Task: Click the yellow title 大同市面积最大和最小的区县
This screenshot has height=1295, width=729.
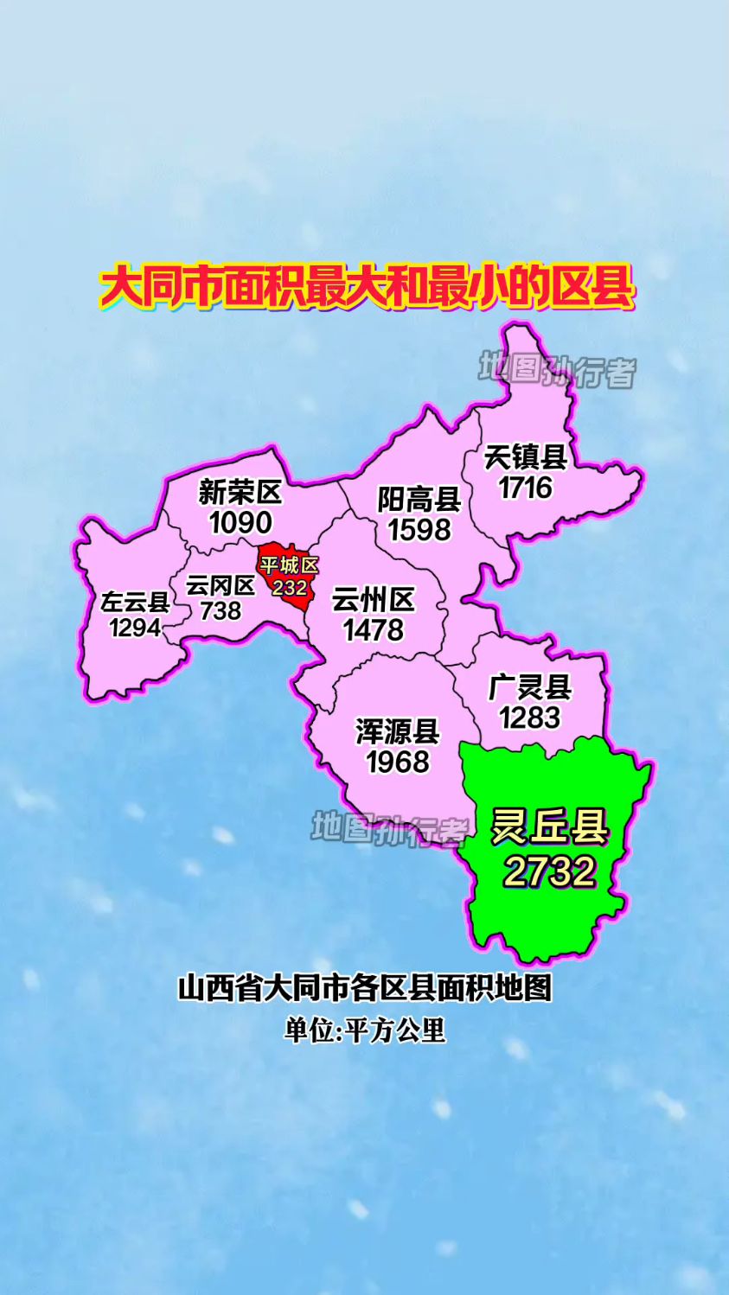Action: click(368, 288)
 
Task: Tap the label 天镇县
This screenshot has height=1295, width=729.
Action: click(525, 456)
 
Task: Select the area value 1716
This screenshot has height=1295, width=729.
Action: click(525, 488)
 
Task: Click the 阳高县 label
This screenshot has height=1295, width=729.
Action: click(419, 500)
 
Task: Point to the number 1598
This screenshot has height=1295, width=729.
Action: click(419, 529)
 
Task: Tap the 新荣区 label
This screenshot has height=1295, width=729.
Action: click(240, 493)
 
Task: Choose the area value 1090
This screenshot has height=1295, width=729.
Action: click(240, 522)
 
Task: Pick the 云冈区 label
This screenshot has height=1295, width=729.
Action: click(221, 586)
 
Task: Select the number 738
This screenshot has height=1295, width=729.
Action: click(221, 610)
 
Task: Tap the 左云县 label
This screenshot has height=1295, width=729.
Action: click(135, 602)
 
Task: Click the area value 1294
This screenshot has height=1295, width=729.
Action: click(135, 627)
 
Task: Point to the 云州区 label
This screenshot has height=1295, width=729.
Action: click(374, 600)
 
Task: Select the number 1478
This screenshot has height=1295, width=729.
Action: click(374, 630)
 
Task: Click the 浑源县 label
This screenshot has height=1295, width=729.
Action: click(398, 732)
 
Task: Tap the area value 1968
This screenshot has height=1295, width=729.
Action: click(398, 762)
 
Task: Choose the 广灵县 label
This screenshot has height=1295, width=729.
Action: click(530, 688)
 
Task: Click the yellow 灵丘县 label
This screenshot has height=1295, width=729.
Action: click(550, 828)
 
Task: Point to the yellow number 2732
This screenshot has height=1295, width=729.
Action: click(550, 871)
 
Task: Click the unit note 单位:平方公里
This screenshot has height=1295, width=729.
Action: click(365, 1030)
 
